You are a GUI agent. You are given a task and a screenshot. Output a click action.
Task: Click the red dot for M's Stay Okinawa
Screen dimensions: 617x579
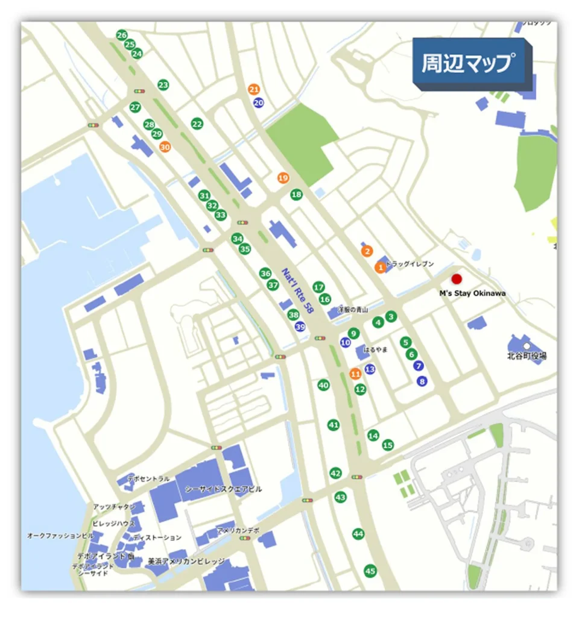click(x=457, y=278)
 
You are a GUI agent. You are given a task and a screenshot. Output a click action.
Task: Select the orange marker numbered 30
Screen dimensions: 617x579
click(x=165, y=146)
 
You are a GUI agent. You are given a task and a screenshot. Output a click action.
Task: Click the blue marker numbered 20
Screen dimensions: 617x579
click(x=259, y=102)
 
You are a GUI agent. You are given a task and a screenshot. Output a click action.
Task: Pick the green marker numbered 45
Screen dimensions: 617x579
click(x=370, y=571)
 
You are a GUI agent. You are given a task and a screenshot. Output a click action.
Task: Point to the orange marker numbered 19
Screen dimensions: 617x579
click(x=283, y=178)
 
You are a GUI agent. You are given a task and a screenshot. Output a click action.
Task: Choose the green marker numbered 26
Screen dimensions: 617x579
click(x=122, y=35)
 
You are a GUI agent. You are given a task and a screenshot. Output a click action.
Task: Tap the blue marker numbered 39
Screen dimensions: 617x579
click(x=300, y=327)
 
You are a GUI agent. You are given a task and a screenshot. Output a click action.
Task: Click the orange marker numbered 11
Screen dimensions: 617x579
click(x=355, y=374)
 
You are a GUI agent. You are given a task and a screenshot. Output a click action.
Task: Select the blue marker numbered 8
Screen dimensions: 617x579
click(x=422, y=381)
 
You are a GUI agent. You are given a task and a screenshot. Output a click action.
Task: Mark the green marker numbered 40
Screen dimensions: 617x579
click(x=324, y=385)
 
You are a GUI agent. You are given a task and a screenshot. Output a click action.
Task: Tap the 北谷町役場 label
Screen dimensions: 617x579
click(x=527, y=356)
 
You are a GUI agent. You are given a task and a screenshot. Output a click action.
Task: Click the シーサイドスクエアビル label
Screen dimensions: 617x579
click(x=223, y=489)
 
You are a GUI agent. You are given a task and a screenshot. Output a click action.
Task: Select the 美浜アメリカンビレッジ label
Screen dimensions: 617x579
click(x=186, y=561)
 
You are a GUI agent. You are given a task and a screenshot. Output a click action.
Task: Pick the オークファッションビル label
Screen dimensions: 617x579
click(x=60, y=535)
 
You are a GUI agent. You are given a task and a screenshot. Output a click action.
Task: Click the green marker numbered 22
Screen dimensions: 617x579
click(x=197, y=124)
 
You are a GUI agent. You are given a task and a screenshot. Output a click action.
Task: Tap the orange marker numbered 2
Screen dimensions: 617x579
click(x=366, y=251)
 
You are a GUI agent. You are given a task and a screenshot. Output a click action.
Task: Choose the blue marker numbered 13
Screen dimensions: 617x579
click(x=370, y=369)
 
